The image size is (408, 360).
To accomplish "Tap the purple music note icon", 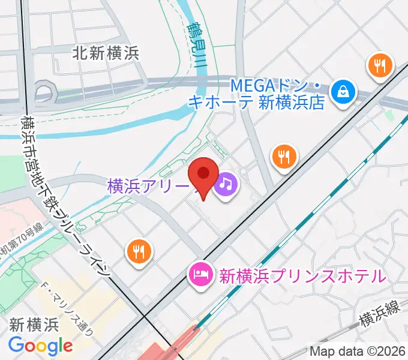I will (225, 182).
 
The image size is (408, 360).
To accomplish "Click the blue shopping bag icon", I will (344, 92).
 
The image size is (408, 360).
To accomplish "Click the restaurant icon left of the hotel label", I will (139, 251).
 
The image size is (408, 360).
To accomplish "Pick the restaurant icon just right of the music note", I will (284, 157).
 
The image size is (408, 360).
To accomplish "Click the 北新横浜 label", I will (106, 53).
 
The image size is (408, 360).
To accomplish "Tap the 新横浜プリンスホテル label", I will (301, 277).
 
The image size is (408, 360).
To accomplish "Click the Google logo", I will (40, 346).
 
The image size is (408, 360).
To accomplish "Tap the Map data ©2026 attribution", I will (358, 351).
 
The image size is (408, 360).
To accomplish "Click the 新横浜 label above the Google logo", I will (34, 325).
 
